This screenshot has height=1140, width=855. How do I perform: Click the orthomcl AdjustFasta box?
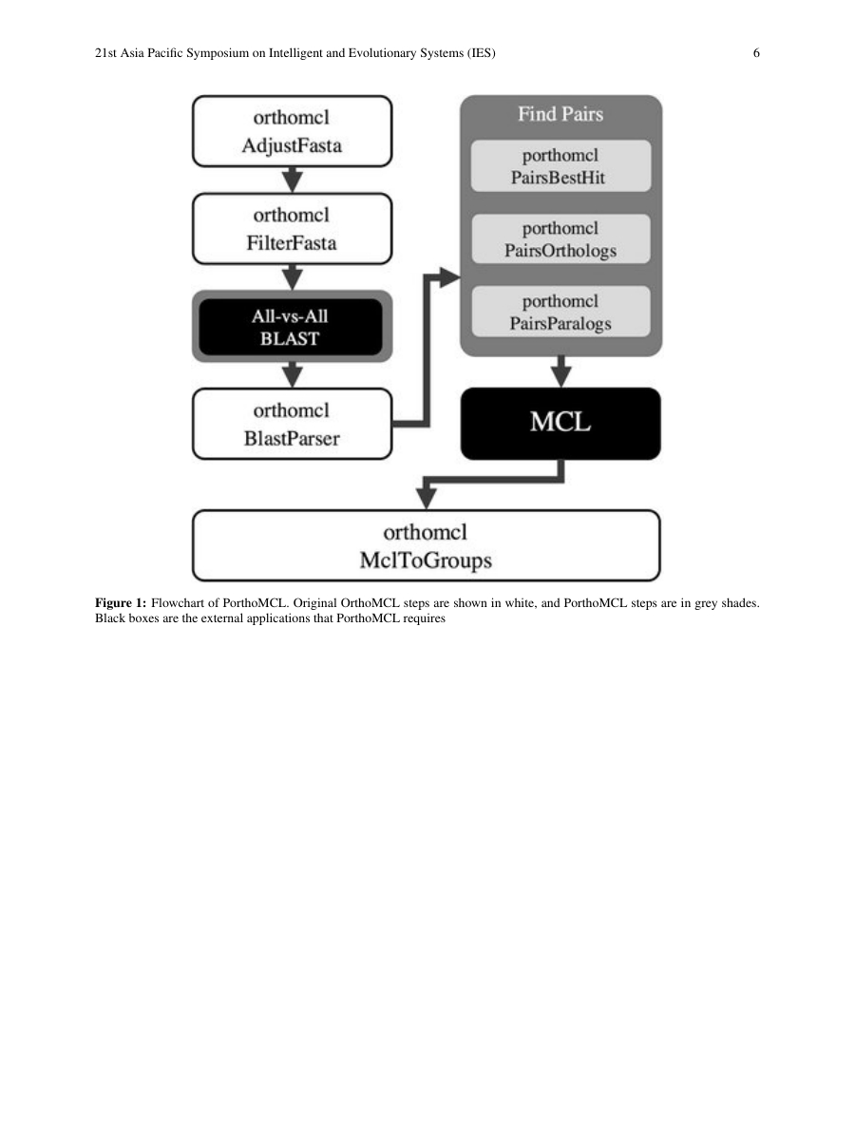click(292, 131)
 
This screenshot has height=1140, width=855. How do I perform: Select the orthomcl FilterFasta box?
click(292, 228)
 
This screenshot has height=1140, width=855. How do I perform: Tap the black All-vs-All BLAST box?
click(292, 326)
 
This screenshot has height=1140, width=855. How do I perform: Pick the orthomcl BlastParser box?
click(292, 424)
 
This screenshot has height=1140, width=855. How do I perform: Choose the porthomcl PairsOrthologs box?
click(560, 239)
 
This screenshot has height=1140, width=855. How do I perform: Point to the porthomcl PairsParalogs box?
click(560, 312)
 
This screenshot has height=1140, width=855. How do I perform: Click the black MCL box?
click(560, 424)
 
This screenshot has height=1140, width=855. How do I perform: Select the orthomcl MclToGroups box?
click(426, 545)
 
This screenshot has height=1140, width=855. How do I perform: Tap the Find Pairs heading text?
click(560, 115)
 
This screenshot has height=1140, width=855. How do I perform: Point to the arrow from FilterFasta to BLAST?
click(293, 277)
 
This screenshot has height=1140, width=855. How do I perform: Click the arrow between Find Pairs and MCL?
click(561, 371)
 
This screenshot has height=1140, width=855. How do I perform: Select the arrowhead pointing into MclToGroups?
click(427, 499)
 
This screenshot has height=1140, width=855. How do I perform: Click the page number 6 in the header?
click(756, 54)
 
